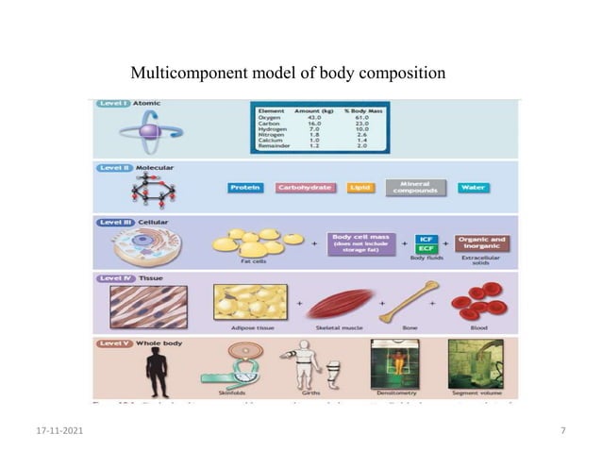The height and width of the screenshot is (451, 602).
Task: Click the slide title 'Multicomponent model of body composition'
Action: click(287, 73)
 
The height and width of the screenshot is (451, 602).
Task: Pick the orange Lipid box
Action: click(360, 188)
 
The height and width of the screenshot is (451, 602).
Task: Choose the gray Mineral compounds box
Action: click(415, 188)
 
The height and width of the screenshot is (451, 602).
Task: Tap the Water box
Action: click(474, 188)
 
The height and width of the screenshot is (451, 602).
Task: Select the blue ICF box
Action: click(426, 239)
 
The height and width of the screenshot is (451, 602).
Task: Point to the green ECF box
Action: click(426, 250)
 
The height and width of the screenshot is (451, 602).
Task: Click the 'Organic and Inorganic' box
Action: click(481, 243)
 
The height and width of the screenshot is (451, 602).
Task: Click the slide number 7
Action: click(562, 430)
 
